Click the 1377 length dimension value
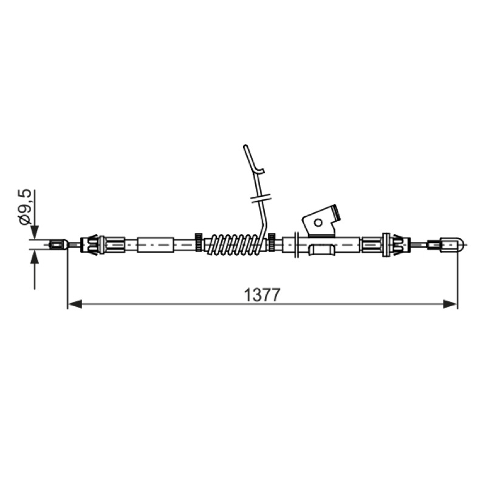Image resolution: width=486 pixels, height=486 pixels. point(262,295)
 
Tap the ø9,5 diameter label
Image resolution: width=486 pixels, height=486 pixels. point(25,207)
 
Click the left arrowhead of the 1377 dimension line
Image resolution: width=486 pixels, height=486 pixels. point(75,304)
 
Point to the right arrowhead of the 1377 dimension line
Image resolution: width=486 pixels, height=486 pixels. point(450,304)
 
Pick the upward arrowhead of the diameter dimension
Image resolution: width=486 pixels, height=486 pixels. point(34,257)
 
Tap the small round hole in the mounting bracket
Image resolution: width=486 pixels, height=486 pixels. point(318,222)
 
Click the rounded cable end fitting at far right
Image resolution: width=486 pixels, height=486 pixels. point(447,245)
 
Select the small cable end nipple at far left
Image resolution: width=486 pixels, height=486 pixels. point(59,245)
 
